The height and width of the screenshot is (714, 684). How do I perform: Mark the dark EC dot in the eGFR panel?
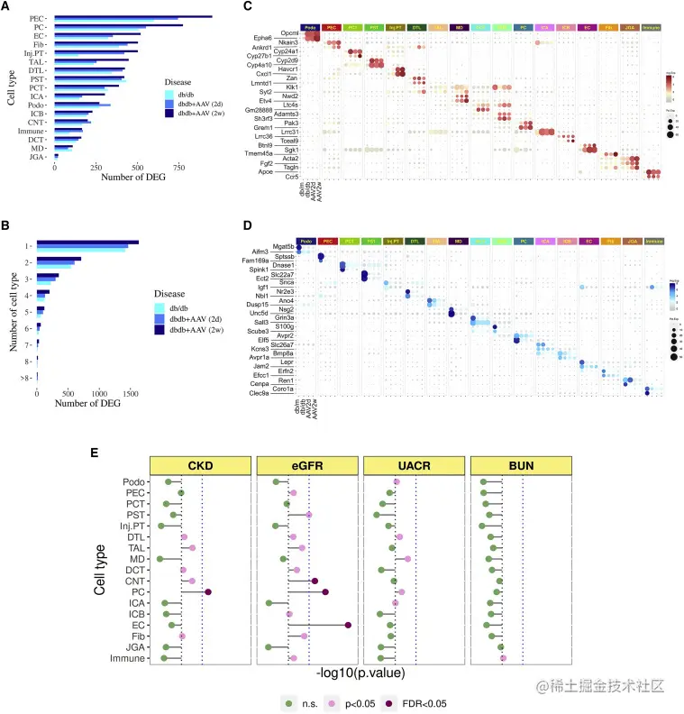point(348,624)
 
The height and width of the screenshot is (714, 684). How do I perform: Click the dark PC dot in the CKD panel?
point(208,592)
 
